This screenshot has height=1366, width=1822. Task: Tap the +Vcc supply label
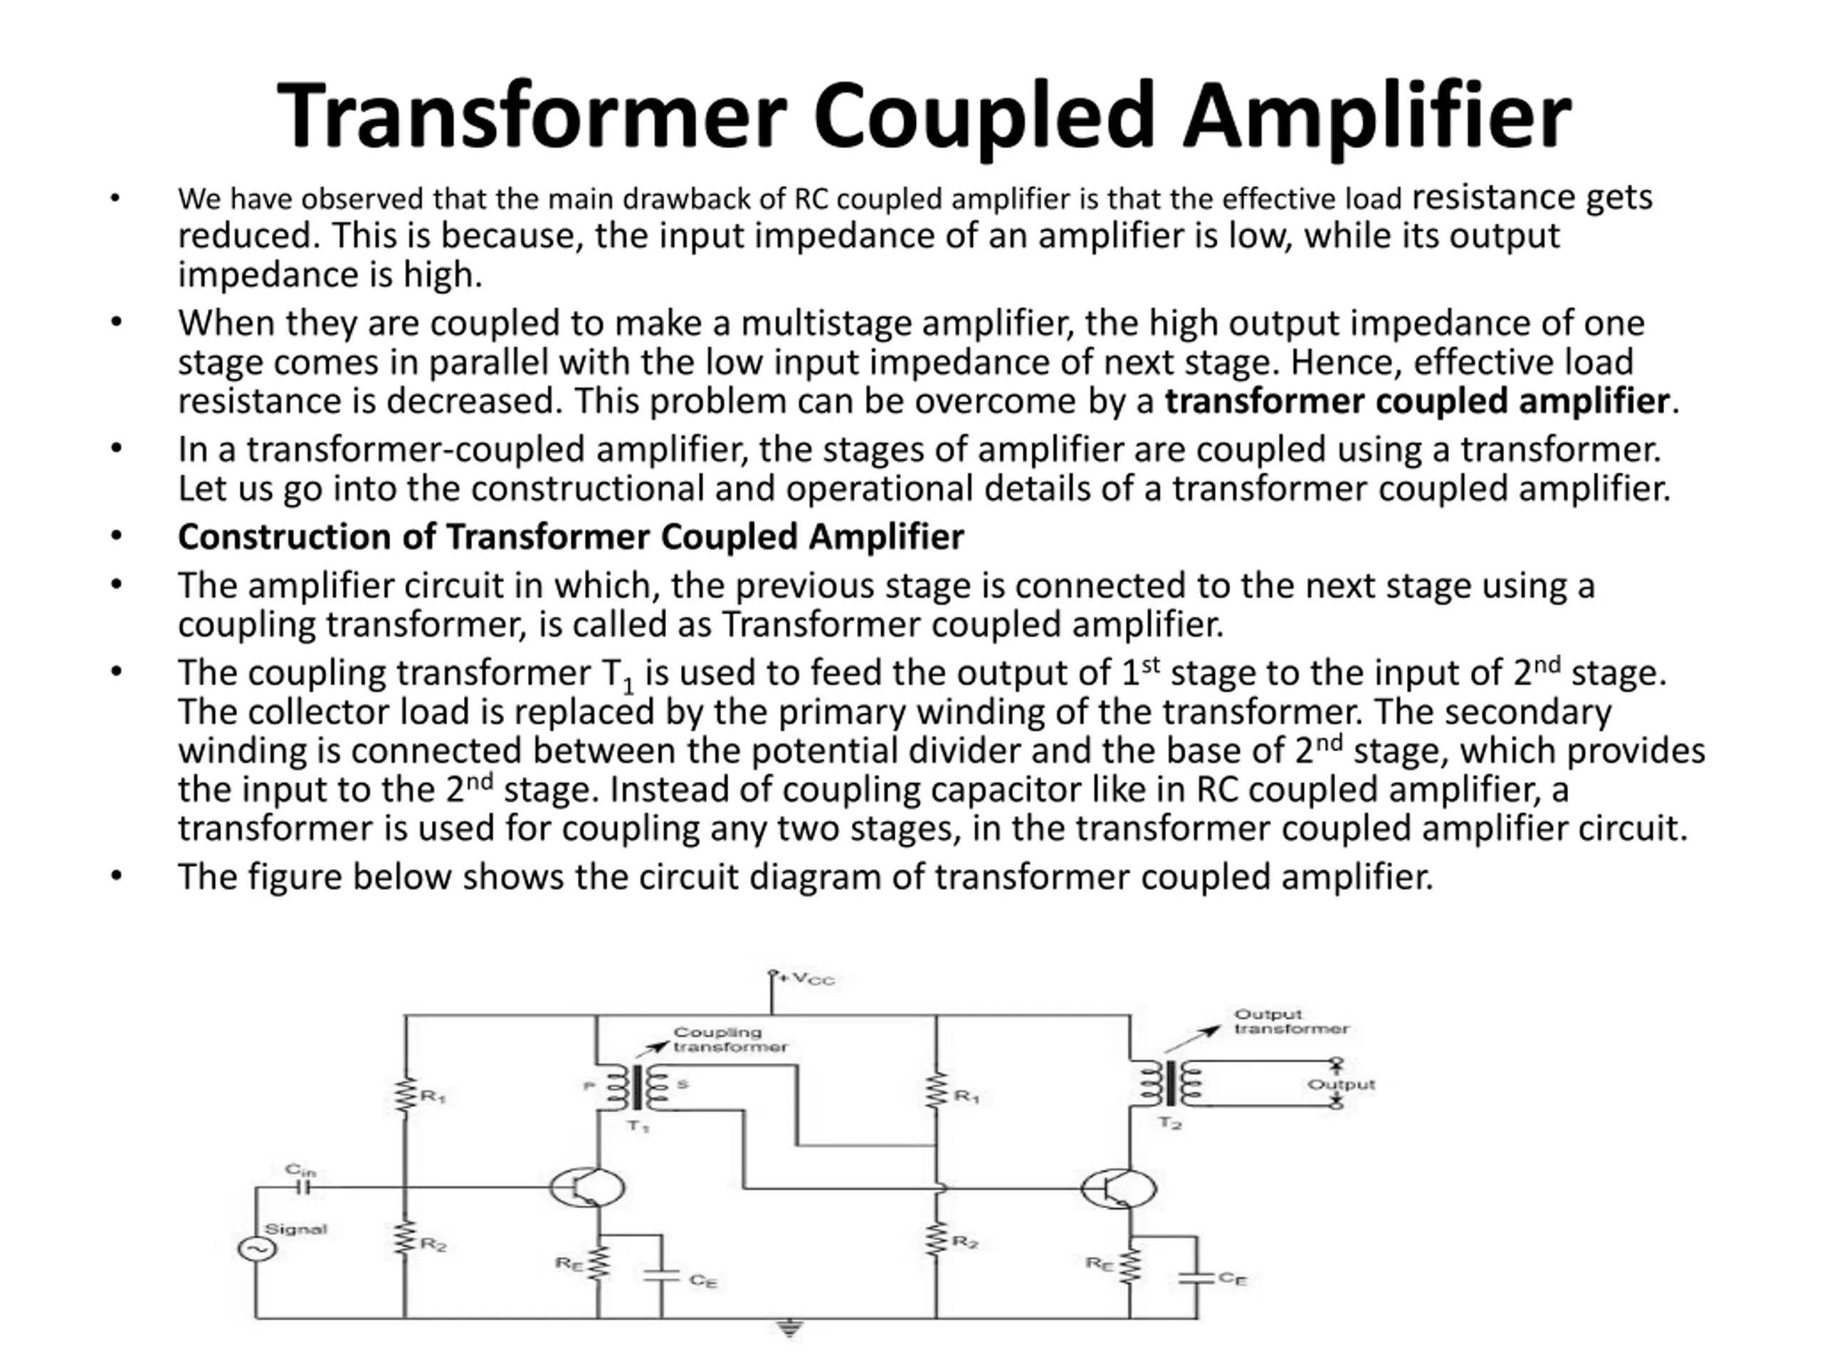point(806,979)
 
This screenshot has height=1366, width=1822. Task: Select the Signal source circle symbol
point(256,1249)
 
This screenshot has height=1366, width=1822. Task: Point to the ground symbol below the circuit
point(789,1329)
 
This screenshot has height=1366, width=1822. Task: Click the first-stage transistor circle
point(586,1187)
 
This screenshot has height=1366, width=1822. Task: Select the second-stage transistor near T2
point(1117,1188)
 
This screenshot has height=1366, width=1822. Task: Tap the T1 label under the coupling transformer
point(638,1126)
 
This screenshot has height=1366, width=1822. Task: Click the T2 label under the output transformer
point(1169,1122)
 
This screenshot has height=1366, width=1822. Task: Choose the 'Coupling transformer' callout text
point(730,1039)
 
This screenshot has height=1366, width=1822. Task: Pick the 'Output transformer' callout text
point(1291,1021)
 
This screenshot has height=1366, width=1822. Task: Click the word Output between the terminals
point(1341,1084)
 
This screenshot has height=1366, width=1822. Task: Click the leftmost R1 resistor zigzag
point(404,1096)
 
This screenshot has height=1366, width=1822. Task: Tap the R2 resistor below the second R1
point(937,1240)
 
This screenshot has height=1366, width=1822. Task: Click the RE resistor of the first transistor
point(599,1263)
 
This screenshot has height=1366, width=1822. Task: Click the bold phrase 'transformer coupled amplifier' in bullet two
point(1417,401)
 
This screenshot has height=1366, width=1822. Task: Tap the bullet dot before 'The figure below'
point(116,875)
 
